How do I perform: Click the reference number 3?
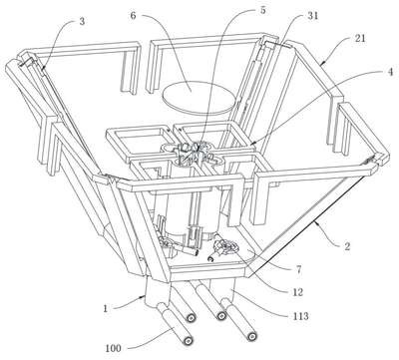(x=82, y=22)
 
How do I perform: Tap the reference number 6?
(x=133, y=16)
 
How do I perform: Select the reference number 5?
(x=262, y=10)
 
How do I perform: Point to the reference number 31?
(x=312, y=16)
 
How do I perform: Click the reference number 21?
(x=360, y=38)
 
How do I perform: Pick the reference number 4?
(x=390, y=72)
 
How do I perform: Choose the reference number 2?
(x=347, y=246)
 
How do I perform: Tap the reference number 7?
(x=299, y=269)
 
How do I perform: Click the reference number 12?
(x=297, y=291)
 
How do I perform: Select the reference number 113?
(x=300, y=315)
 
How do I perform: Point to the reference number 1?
(x=106, y=308)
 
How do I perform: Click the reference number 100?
(x=114, y=348)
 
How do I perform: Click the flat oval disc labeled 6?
(x=197, y=98)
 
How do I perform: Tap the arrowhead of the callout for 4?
(x=251, y=144)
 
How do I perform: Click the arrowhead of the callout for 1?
(x=144, y=296)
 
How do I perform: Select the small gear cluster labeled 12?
(x=226, y=248)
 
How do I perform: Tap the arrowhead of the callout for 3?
(x=43, y=69)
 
